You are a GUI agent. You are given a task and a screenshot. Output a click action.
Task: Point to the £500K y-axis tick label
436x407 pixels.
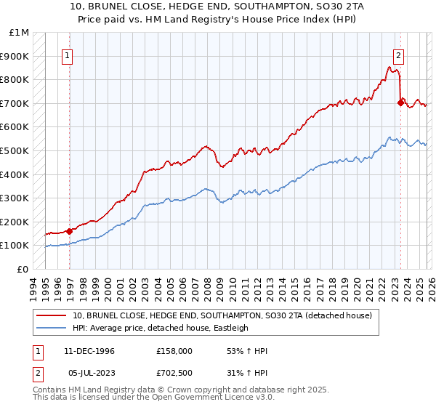pos(15,151)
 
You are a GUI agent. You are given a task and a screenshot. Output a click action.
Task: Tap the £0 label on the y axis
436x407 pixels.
pos(23,269)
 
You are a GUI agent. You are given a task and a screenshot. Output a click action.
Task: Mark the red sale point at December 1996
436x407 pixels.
pos(70,231)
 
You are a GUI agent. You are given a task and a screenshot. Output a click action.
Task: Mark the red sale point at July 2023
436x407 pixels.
pos(400,103)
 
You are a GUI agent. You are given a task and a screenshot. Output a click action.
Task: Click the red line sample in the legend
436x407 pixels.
pos(52,315)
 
